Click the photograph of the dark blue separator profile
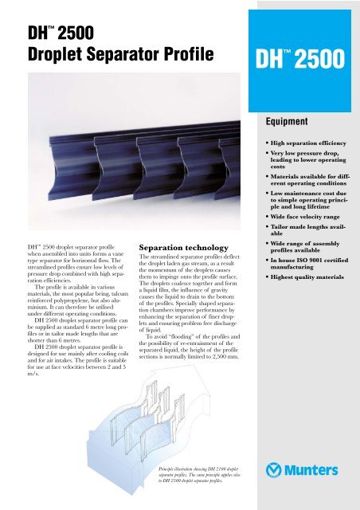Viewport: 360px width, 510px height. [x=119, y=159]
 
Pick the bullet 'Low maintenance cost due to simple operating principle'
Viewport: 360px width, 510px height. [x=306, y=199]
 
